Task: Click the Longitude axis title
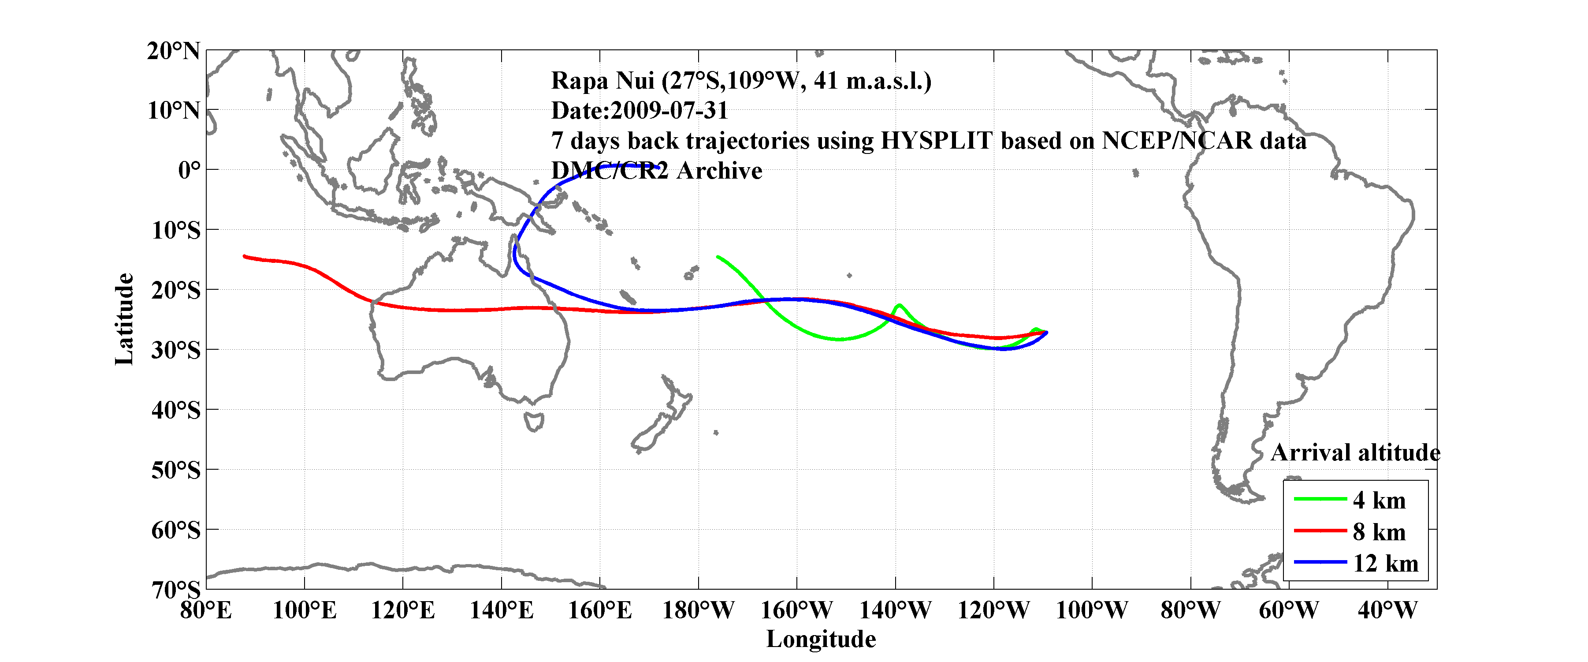(x=821, y=639)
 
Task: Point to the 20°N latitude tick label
(x=173, y=51)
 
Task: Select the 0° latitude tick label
(x=189, y=170)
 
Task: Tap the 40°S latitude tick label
(x=176, y=410)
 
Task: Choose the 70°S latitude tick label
(x=176, y=590)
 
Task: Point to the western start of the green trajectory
(x=718, y=257)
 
